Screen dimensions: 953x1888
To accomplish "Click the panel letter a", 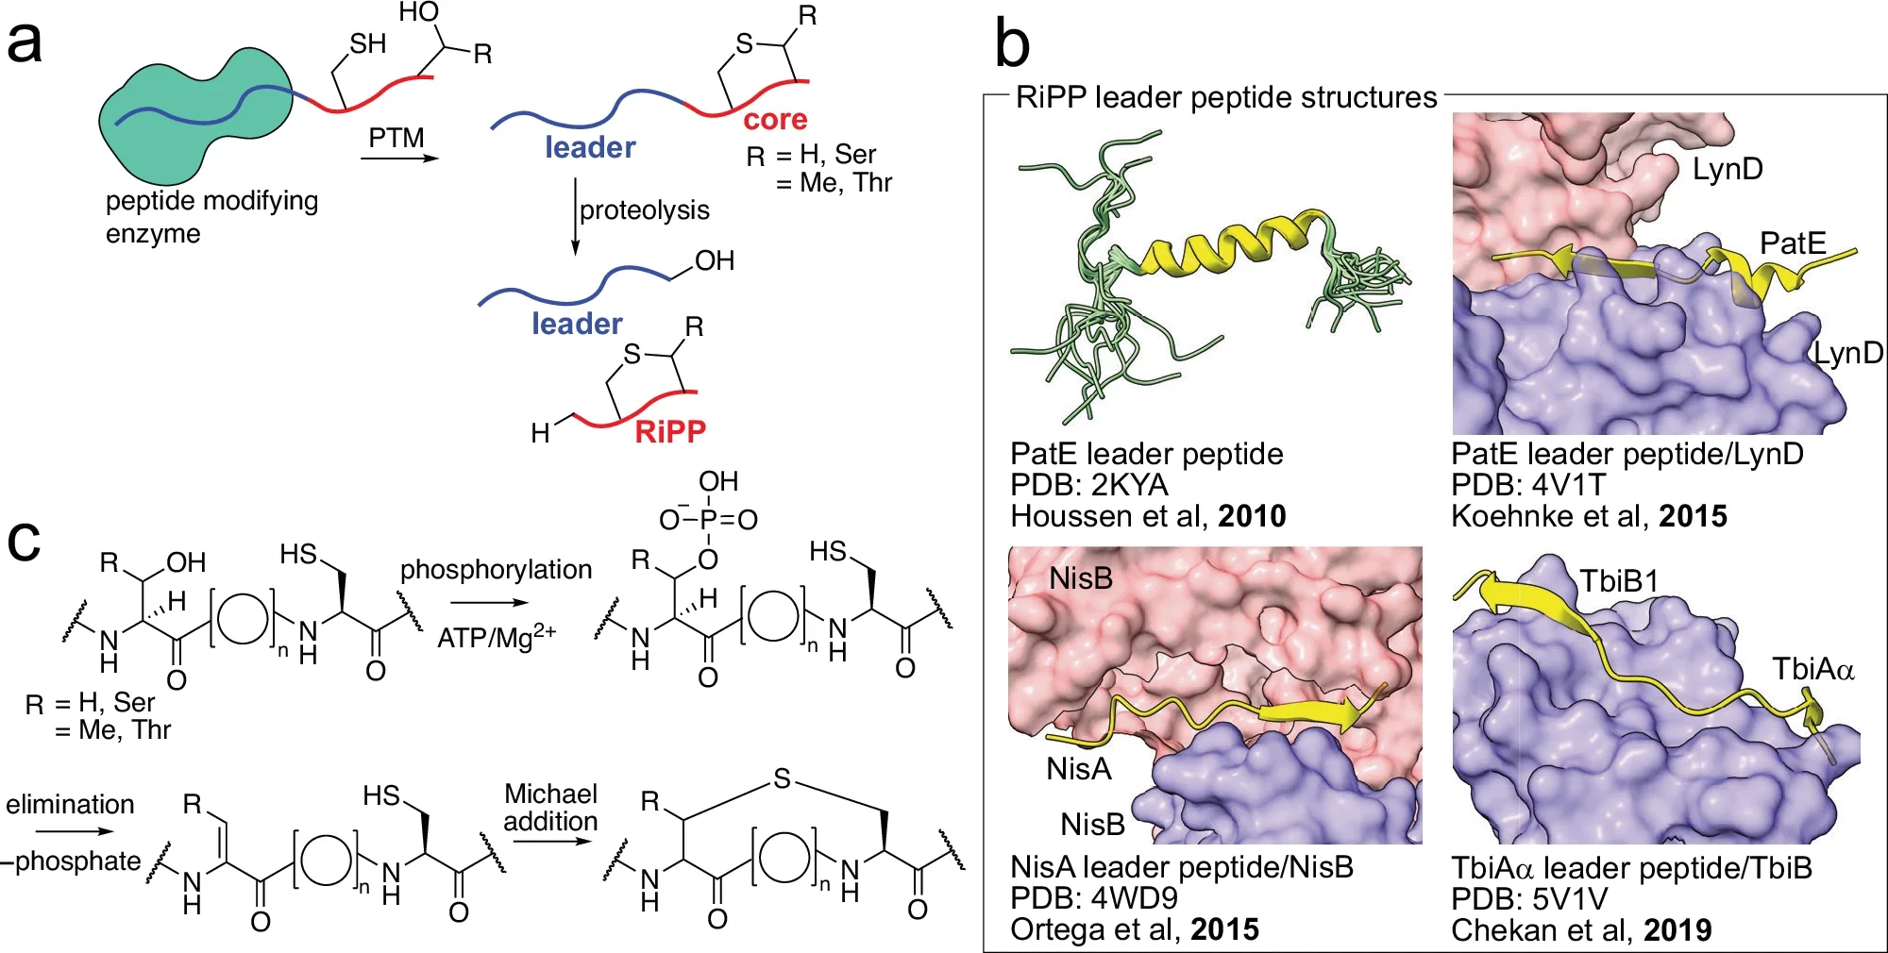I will [25, 43].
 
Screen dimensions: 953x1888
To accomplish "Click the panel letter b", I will [1012, 45].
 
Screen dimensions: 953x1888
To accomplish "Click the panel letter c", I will [24, 541].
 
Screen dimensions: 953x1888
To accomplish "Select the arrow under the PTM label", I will [399, 159].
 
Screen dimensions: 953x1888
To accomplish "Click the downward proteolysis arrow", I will [575, 217].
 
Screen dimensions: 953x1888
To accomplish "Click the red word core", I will [775, 120].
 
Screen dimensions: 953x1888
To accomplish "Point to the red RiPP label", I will [670, 432].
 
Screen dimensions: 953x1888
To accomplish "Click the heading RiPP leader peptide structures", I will [1225, 97].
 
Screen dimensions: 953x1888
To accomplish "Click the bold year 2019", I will [1677, 930].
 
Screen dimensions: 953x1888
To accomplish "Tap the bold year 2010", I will [1252, 516].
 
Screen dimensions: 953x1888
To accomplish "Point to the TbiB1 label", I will [1619, 581].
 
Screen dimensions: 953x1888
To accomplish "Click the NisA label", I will [1079, 769].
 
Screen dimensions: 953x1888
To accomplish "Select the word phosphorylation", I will [496, 570].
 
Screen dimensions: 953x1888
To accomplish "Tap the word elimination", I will [70, 804].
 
